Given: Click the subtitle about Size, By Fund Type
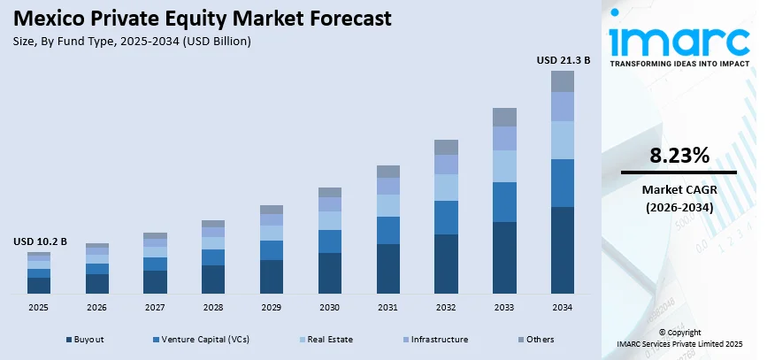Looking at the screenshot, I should (x=133, y=41).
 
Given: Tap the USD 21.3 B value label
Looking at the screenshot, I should (x=563, y=60).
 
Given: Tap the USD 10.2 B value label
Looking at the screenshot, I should (x=40, y=241).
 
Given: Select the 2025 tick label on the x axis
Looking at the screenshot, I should (x=39, y=307).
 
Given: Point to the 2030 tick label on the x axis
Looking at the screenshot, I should (x=329, y=307).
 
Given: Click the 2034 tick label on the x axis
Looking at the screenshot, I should (x=562, y=307).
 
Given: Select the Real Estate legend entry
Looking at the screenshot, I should (x=327, y=339).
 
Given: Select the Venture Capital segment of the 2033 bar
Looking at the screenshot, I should (x=504, y=202).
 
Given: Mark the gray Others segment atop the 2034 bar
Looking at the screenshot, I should (x=562, y=81).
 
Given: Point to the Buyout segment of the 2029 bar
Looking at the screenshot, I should (x=272, y=276).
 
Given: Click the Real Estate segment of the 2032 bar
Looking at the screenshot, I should (x=446, y=187).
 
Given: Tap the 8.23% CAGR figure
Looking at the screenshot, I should (x=679, y=157).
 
